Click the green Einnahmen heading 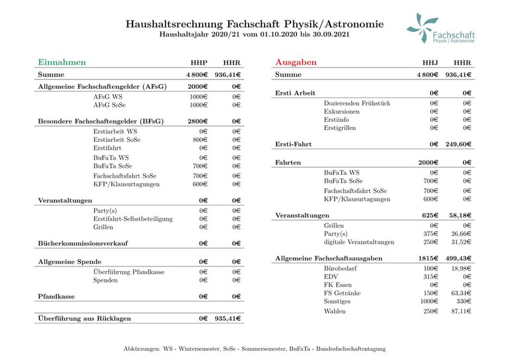(62, 62)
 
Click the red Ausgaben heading (296, 62)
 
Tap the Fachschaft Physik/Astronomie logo (441, 29)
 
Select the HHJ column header (430, 63)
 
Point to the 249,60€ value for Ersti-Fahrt (458, 144)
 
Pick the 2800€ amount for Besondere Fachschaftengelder (198, 121)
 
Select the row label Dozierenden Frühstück (357, 103)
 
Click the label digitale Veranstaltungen (359, 242)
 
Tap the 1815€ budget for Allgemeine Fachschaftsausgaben (427, 257)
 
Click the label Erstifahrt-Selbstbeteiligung (133, 219)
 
